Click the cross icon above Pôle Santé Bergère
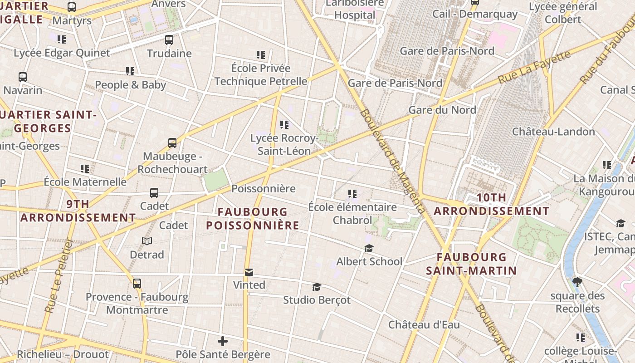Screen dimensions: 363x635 click(x=222, y=341)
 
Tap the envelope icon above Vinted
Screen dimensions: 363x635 click(x=249, y=272)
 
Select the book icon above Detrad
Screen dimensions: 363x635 click(x=147, y=241)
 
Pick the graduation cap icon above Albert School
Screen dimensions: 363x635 click(x=369, y=249)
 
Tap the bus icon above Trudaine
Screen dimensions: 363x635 click(x=169, y=40)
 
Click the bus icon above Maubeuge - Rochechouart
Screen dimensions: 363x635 click(x=172, y=143)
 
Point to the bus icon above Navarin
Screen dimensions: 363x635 click(x=23, y=77)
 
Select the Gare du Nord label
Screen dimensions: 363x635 click(x=442, y=110)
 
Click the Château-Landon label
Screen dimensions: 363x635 click(x=553, y=132)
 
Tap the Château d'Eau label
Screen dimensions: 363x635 click(x=424, y=325)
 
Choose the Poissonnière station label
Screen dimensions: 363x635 click(x=264, y=188)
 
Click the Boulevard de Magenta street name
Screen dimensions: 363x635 click(x=393, y=161)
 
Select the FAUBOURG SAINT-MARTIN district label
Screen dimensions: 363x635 click(x=471, y=264)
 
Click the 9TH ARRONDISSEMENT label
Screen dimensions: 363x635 click(x=78, y=211)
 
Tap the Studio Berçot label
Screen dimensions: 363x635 click(x=317, y=300)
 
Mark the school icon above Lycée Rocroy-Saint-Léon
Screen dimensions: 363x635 click(x=284, y=124)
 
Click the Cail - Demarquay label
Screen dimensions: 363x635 click(x=475, y=14)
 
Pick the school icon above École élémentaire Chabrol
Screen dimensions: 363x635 click(x=352, y=194)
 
